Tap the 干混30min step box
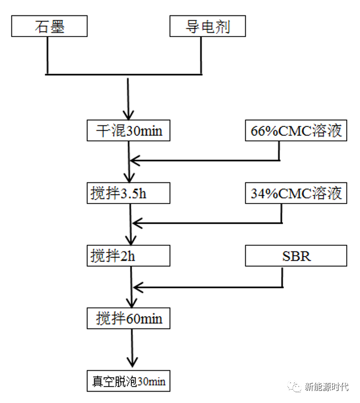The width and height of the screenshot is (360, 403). [129, 131]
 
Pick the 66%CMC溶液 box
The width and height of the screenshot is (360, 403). [296, 131]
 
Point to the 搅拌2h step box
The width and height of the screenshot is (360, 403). [129, 256]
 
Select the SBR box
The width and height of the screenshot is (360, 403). [296, 256]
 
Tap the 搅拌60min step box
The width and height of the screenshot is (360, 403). [129, 319]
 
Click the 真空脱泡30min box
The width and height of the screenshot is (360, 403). [129, 381]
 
